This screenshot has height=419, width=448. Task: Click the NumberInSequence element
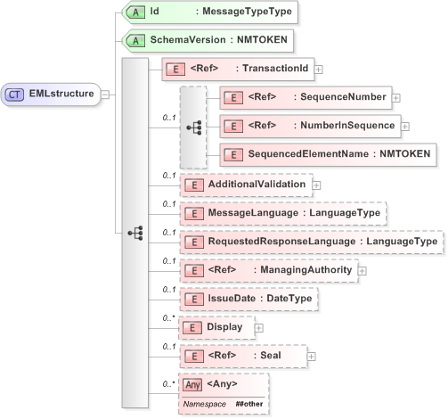point(309,126)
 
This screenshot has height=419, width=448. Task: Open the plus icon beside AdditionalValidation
point(316,185)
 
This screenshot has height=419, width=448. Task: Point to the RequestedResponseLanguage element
point(311,241)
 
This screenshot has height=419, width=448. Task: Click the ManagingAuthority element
point(267,269)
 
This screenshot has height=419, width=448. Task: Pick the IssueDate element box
point(248,299)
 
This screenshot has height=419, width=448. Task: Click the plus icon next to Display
point(259,328)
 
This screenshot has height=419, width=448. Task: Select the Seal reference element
point(242,357)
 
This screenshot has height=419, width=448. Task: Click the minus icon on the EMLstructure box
point(106,94)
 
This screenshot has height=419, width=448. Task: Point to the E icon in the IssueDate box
point(192,299)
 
